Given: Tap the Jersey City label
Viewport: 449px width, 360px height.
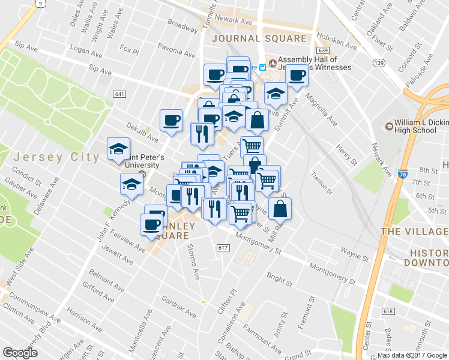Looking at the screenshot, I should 56,157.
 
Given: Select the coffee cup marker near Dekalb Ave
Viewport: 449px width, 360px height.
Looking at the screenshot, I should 171,120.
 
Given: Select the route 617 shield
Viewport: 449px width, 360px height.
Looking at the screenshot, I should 223,248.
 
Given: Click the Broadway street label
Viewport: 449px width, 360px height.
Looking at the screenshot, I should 182,25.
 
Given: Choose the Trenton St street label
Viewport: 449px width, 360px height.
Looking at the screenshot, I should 322,183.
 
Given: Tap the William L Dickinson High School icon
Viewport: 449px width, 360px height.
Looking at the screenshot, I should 388,125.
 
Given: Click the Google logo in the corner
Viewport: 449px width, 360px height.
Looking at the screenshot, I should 20,353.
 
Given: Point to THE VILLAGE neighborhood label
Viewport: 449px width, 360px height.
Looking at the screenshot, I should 414,232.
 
